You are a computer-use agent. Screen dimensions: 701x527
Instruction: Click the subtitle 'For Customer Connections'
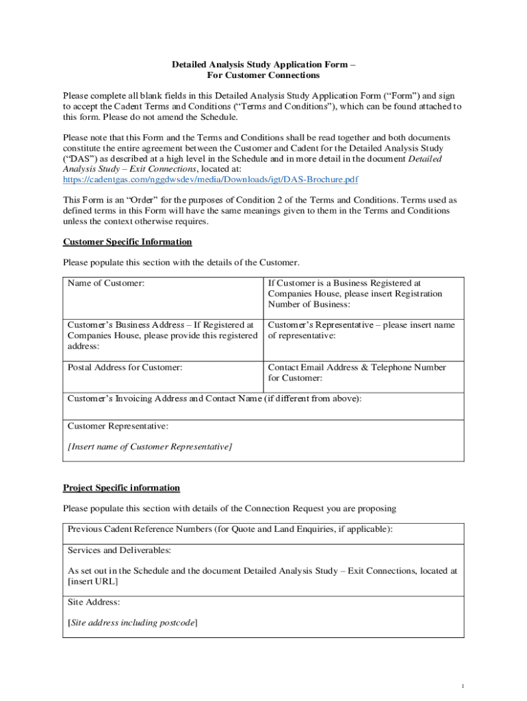coord(263,75)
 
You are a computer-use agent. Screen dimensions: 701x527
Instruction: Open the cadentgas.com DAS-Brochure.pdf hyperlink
coord(210,179)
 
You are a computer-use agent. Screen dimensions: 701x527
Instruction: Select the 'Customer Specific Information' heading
coord(127,242)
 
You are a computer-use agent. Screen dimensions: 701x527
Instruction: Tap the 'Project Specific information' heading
coord(121,488)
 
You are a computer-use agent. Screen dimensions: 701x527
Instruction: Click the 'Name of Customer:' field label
coord(106,283)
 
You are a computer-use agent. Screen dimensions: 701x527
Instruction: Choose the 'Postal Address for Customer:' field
coord(125,368)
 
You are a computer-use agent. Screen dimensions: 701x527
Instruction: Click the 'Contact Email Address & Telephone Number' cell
coord(357,372)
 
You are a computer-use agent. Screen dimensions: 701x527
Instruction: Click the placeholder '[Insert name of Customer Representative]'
coord(150,447)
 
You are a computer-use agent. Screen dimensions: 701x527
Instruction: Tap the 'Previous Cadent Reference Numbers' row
coord(230,529)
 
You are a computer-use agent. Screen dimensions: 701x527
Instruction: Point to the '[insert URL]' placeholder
coord(92,581)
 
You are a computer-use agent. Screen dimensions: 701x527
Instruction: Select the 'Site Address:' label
coord(94,602)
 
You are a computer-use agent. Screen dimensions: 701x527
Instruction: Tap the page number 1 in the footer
coord(463,686)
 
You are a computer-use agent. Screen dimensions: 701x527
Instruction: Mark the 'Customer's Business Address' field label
coord(161,335)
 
